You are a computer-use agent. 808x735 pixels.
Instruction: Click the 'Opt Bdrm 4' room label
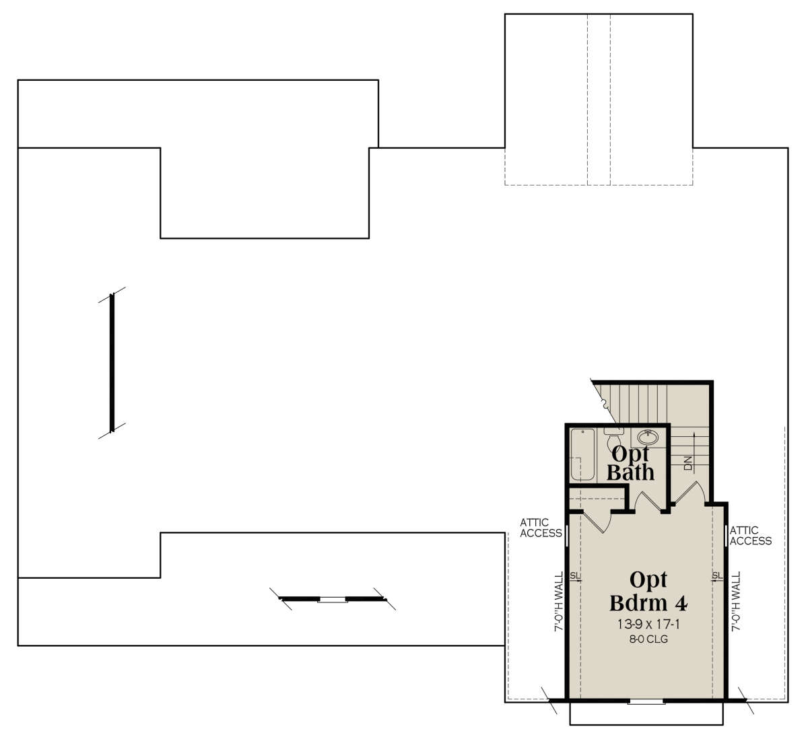(x=648, y=592)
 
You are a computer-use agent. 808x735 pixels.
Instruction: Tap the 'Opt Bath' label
(x=630, y=464)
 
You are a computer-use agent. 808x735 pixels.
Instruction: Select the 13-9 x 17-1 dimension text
(x=648, y=625)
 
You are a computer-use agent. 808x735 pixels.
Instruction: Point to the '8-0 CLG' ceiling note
(x=648, y=639)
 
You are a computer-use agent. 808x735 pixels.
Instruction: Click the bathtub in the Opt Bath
(x=582, y=455)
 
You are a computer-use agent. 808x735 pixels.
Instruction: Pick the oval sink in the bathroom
(x=648, y=437)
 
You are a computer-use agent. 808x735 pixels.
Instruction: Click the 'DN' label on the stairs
(x=687, y=463)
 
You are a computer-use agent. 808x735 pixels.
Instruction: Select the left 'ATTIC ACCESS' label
(x=541, y=528)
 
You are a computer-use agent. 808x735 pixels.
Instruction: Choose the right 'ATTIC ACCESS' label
(x=751, y=536)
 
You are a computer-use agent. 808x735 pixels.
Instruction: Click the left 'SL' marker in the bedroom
(x=575, y=576)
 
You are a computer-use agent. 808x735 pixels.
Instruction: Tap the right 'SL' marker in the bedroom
(x=717, y=576)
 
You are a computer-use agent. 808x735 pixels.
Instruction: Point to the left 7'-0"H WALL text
(x=559, y=602)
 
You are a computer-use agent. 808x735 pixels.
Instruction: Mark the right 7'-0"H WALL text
(x=736, y=602)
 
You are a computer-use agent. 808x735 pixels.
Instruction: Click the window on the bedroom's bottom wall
(x=647, y=701)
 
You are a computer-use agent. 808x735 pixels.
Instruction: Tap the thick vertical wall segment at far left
(x=112, y=363)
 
